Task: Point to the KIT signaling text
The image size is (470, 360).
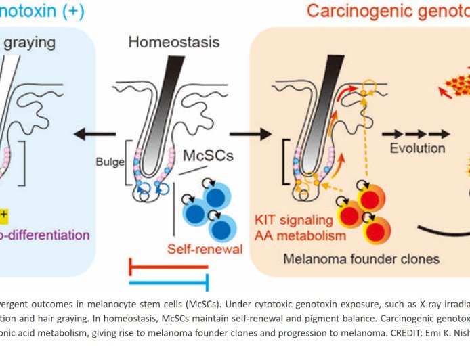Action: click(293, 220)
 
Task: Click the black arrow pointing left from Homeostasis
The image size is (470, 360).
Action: click(94, 135)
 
